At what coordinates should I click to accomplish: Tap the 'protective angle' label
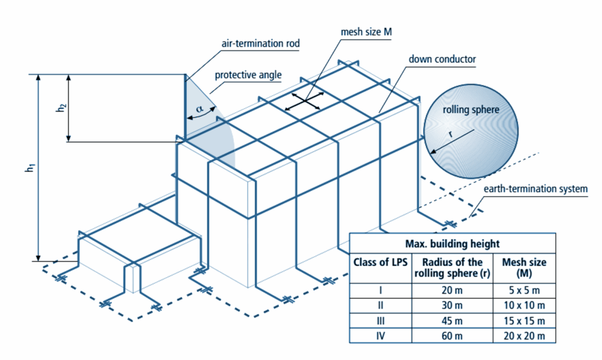248,75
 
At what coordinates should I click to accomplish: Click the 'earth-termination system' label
535,189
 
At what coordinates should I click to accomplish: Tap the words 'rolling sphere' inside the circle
471,110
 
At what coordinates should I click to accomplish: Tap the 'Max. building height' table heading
452,244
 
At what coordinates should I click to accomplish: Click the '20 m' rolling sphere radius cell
449,289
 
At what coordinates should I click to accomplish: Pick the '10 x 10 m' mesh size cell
521,305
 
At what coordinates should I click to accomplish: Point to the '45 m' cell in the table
449,321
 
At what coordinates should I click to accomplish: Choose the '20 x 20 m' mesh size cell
521,336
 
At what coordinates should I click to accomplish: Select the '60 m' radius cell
449,336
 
